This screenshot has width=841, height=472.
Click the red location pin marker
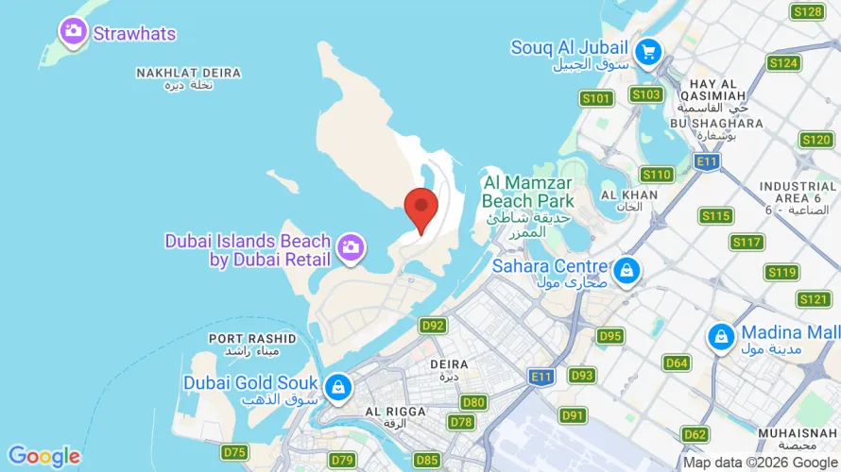coord(420,208)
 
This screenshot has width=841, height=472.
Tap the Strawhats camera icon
coord(73,33)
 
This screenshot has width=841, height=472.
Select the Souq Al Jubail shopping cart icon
coord(647,51)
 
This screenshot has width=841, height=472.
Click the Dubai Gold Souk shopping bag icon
coord(337,387)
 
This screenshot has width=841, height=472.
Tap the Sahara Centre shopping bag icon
coord(625,272)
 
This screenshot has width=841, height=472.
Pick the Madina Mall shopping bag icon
coord(722,336)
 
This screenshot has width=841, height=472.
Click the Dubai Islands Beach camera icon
coord(352,247)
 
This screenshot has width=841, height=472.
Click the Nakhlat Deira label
coord(188,77)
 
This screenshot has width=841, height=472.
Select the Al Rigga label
coord(392,416)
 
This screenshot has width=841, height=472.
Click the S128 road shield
coord(808,11)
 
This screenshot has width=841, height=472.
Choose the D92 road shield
coord(434,326)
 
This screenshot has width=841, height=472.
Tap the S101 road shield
coord(596,97)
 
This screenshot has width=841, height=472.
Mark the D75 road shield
coord(234,452)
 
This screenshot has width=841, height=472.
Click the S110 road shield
coord(656,175)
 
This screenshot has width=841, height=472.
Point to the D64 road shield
coord(677,362)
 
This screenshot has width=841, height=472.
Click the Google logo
coord(44,457)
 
